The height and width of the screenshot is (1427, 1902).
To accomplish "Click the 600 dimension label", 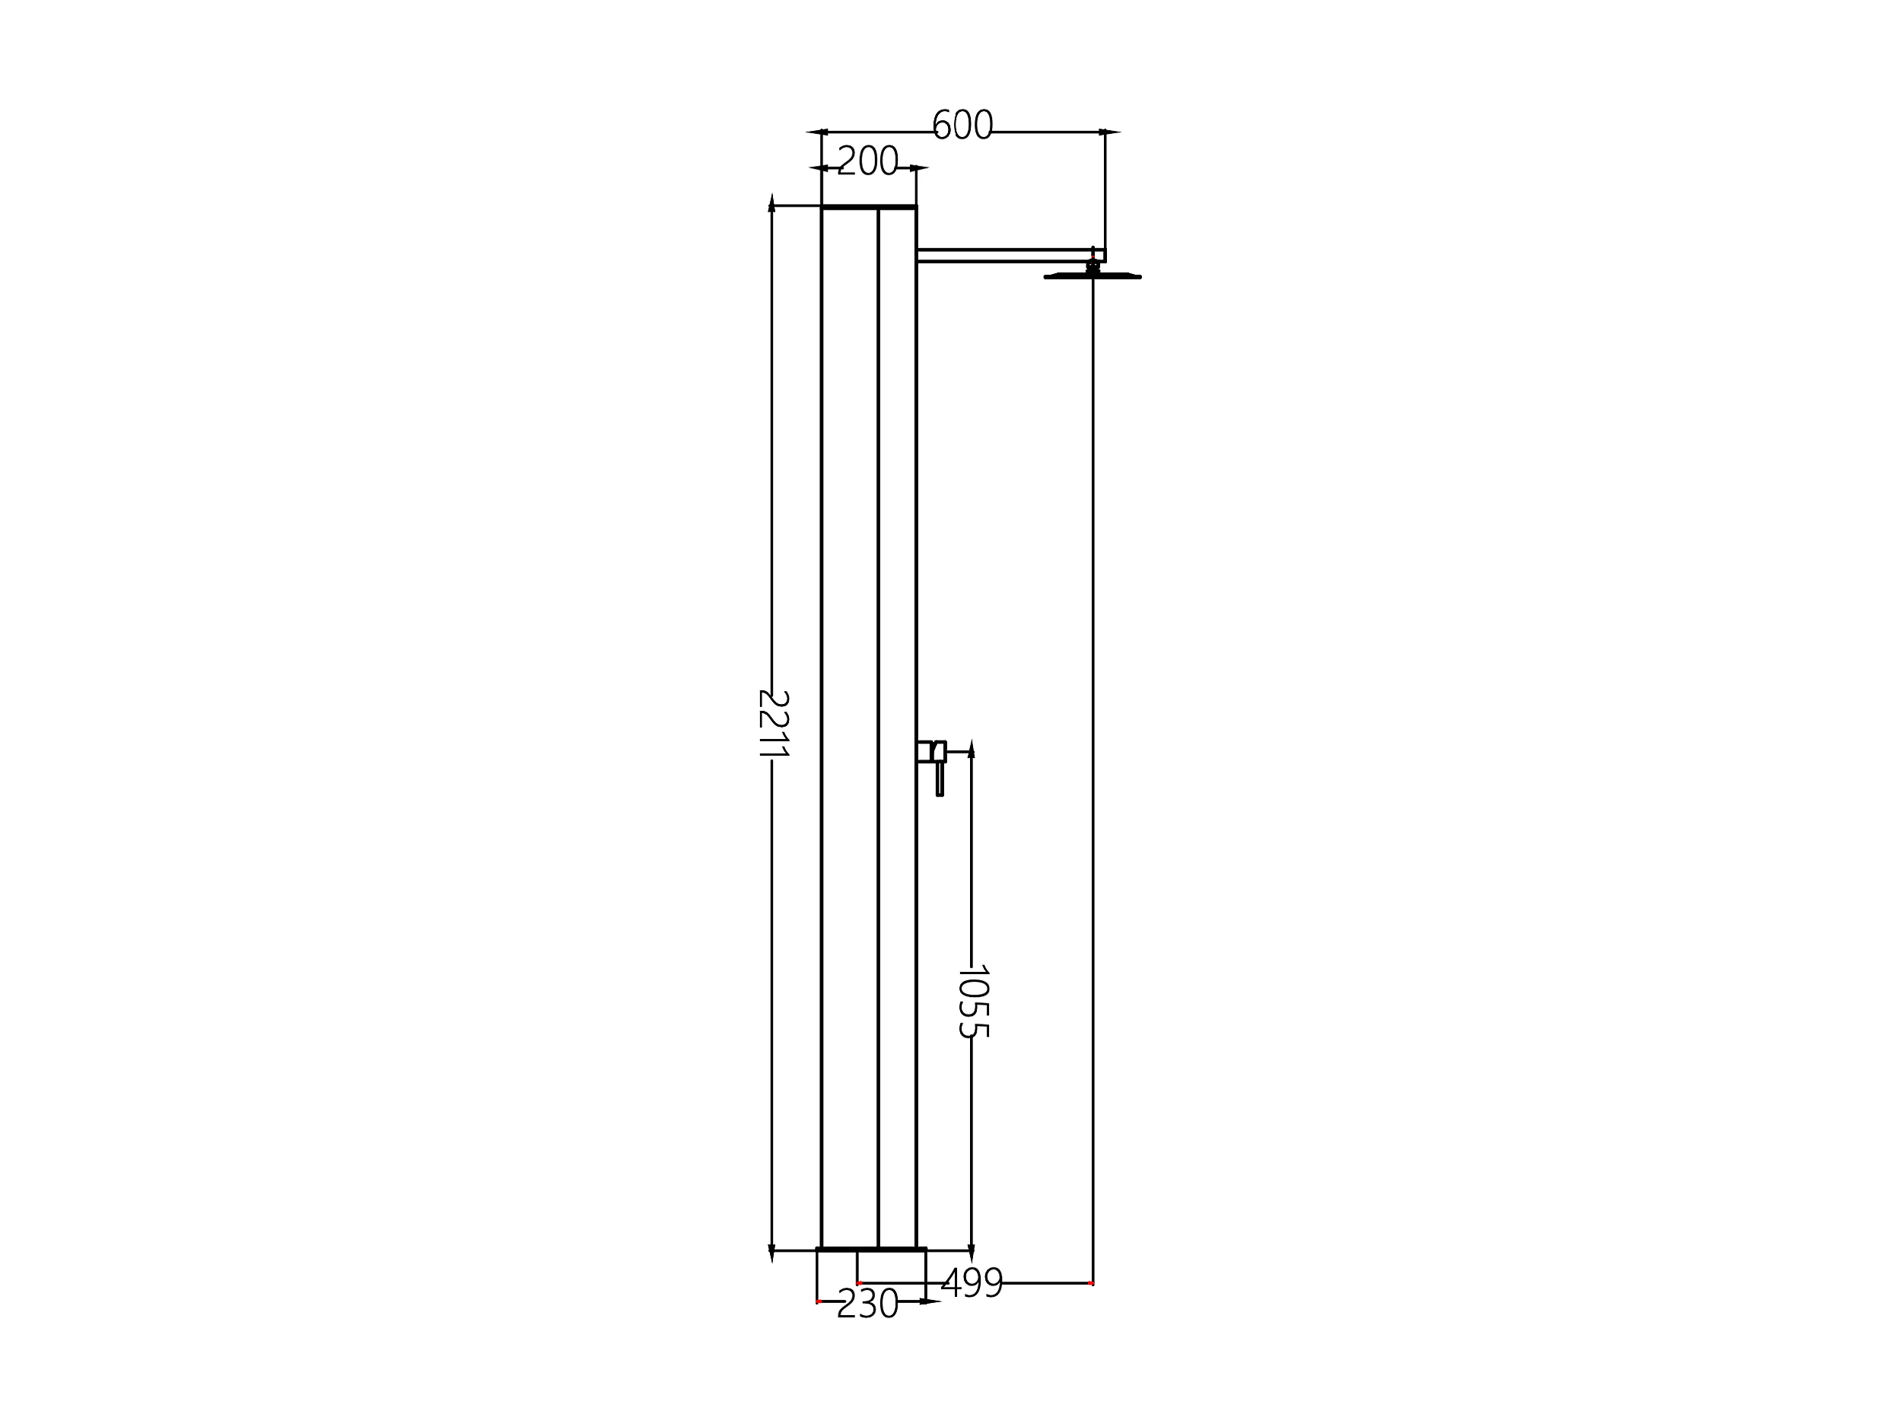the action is click(x=962, y=125).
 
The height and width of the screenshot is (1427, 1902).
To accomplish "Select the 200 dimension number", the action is click(x=867, y=161).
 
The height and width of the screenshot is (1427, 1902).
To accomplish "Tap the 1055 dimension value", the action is click(x=972, y=1002).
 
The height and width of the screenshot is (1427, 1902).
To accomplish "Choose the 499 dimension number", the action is click(x=972, y=1284).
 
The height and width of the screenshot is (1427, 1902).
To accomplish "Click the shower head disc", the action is click(x=1093, y=276).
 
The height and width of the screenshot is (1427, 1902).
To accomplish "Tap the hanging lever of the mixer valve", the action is click(x=940, y=779).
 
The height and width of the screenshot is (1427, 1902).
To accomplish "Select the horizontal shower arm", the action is click(x=1011, y=256).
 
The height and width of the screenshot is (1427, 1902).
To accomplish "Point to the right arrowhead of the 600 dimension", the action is click(x=1110, y=132).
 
